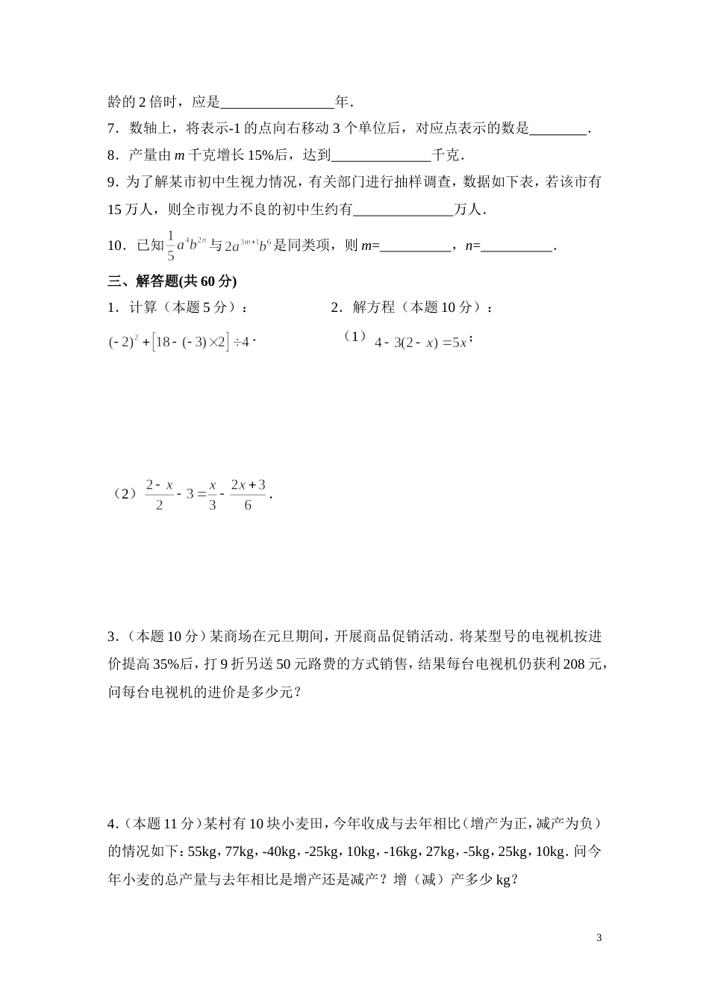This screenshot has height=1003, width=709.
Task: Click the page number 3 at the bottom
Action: point(599,937)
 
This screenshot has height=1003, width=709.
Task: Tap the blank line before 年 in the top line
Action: point(278,102)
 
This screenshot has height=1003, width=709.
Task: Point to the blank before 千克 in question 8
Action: point(380,156)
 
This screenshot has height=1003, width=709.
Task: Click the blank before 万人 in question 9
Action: point(403,210)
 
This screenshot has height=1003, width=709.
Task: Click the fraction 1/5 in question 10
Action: point(170,246)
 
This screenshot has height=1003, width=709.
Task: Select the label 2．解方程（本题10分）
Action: point(411,307)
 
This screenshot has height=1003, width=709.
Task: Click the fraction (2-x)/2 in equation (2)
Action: point(159,495)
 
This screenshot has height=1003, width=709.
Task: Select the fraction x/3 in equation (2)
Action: point(212,495)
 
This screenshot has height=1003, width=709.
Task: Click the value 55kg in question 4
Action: point(202,852)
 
